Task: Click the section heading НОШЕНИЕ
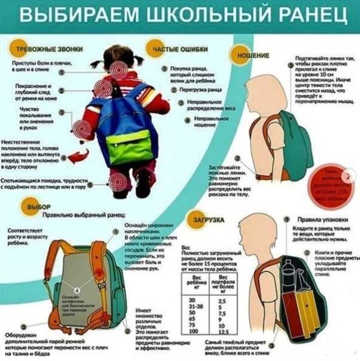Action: click(253, 55)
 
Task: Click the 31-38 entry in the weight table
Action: click(194, 306)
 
